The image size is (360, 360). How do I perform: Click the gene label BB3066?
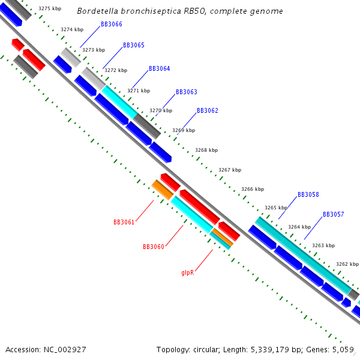(x=112, y=24)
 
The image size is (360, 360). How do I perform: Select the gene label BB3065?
(x=133, y=46)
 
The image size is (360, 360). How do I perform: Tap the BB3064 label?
(x=159, y=69)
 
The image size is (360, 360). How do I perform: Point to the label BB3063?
(x=186, y=92)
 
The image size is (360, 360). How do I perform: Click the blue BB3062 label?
(x=208, y=111)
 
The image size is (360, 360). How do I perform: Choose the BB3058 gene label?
(x=308, y=195)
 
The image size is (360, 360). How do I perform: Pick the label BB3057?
(x=333, y=214)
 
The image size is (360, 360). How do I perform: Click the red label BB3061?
(x=124, y=222)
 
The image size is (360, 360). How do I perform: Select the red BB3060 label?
(x=153, y=247)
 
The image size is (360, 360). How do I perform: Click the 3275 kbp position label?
(x=49, y=9)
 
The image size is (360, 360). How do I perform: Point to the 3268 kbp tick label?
(x=206, y=151)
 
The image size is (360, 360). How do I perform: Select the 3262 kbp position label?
(x=347, y=264)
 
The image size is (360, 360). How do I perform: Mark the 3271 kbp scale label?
(x=139, y=91)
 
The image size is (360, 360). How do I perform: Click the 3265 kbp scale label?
(x=276, y=208)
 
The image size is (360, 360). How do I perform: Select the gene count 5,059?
(x=343, y=350)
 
